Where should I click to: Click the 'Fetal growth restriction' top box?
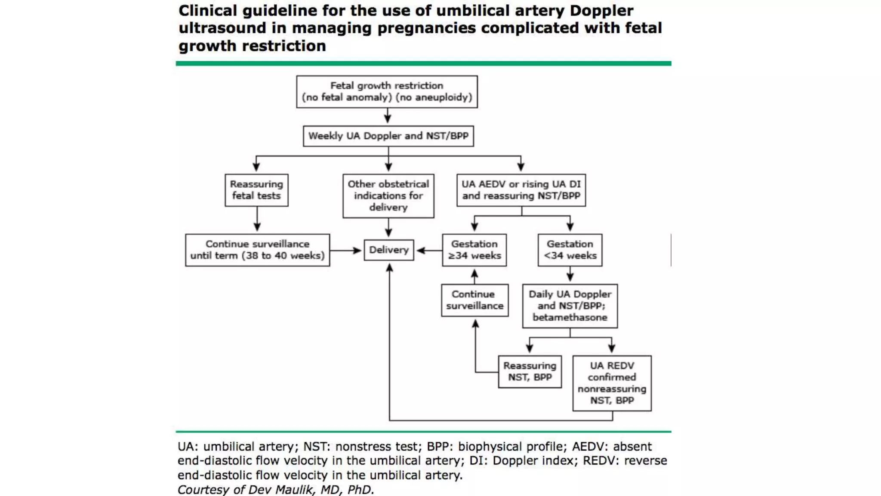387,91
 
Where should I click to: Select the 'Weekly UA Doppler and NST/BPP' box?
388,136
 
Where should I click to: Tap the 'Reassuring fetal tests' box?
256,190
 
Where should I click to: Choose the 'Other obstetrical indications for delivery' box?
388,195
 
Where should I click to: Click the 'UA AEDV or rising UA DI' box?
521,190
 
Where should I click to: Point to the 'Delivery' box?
388,250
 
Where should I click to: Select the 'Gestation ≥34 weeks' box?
474,250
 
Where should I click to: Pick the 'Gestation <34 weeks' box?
570,250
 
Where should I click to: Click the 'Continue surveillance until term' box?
257,250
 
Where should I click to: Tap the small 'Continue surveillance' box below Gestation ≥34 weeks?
474,300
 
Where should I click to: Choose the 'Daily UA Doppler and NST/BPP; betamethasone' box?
570,306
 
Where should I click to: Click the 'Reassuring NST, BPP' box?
530,371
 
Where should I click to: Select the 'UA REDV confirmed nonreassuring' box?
612,383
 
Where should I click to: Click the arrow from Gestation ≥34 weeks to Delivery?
428,250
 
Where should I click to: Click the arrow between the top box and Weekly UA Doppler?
388,115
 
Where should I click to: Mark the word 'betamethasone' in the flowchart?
570,317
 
